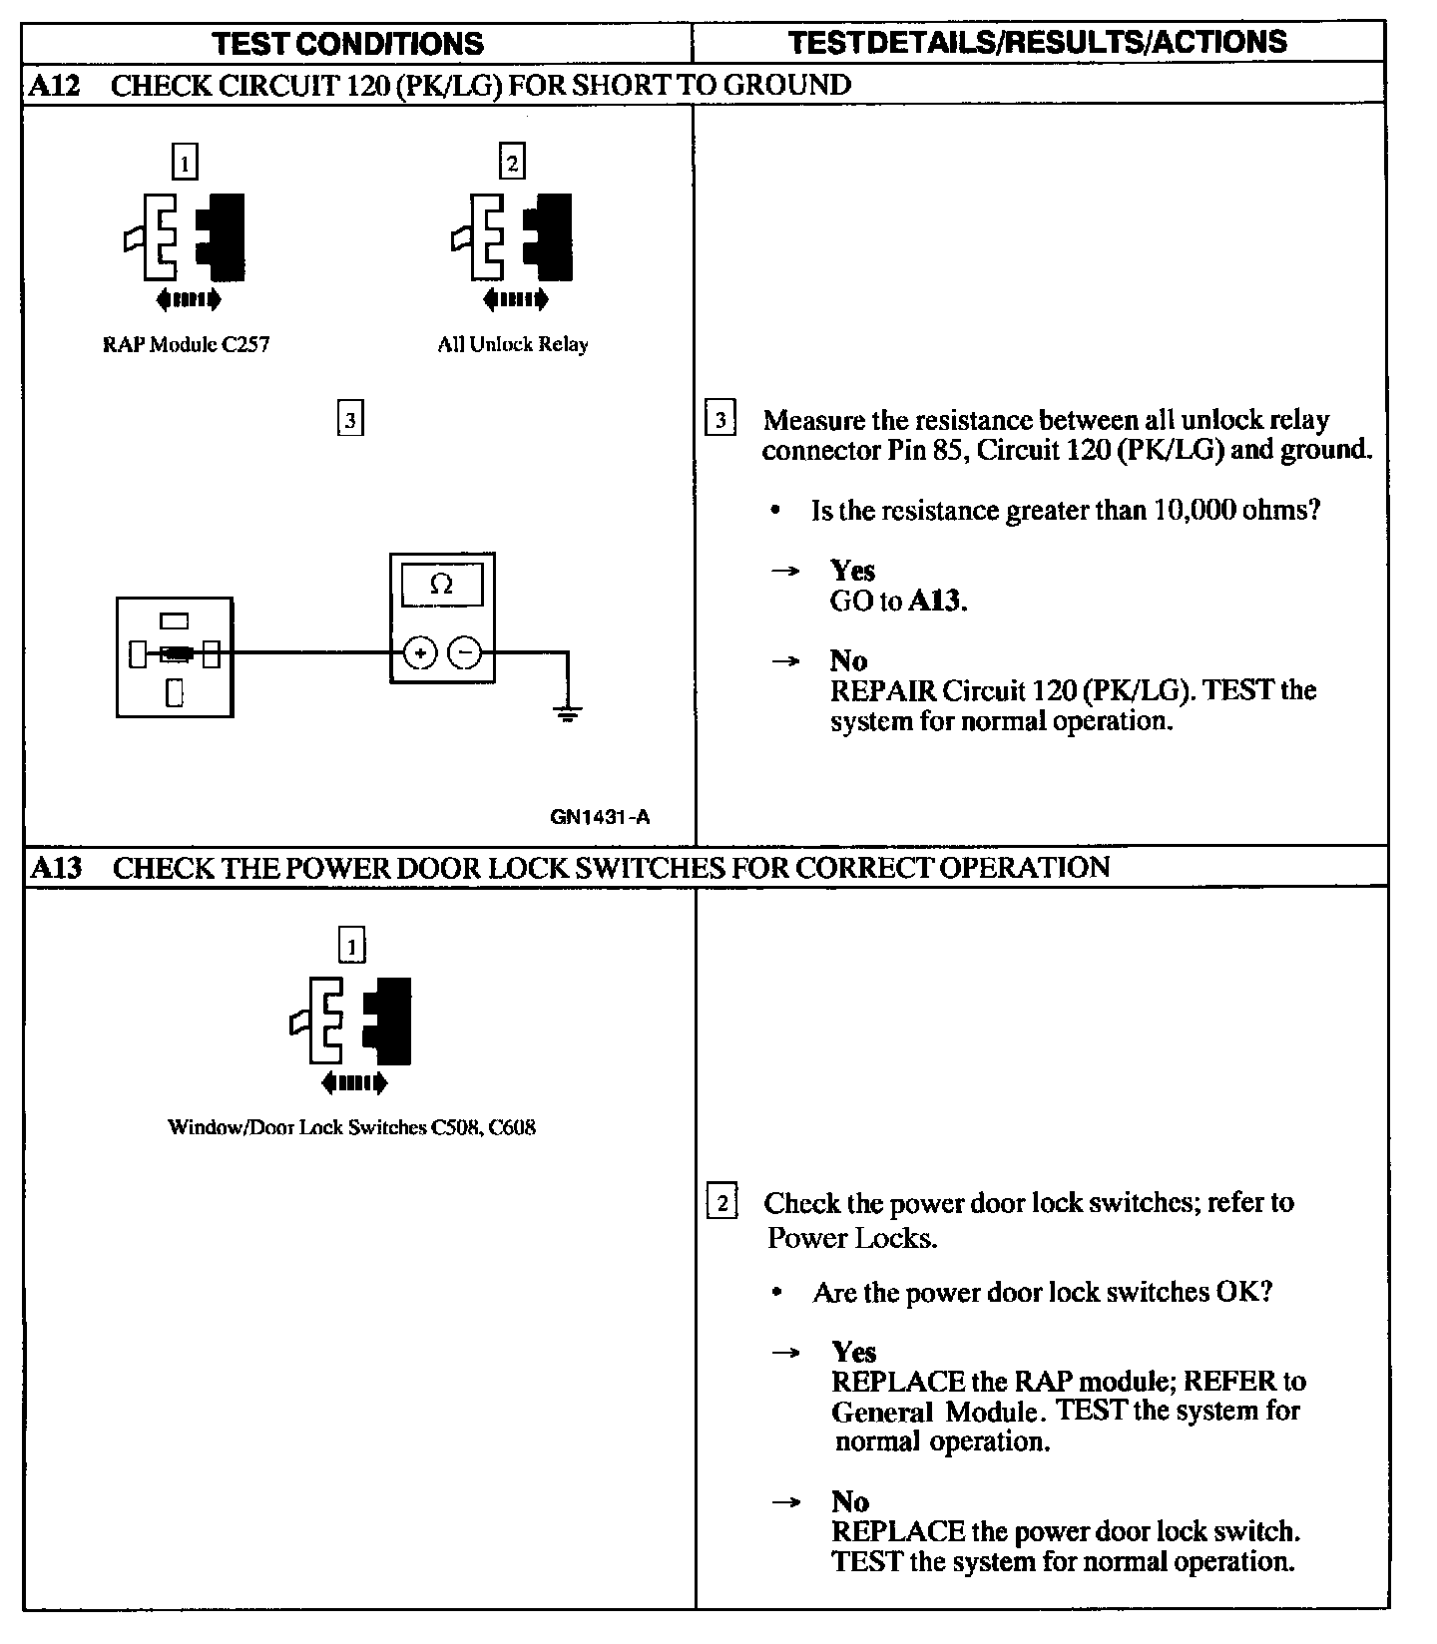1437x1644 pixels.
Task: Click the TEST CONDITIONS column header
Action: click(x=348, y=43)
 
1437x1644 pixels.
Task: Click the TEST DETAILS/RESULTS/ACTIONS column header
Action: click(x=1038, y=42)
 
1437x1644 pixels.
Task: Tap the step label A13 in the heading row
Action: click(x=55, y=867)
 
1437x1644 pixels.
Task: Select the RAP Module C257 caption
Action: click(x=187, y=345)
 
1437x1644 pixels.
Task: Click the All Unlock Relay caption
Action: click(x=513, y=344)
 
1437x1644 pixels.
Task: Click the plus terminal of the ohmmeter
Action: click(x=420, y=653)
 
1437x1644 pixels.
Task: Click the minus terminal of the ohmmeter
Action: click(x=465, y=653)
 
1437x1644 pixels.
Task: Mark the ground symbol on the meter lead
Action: click(x=567, y=713)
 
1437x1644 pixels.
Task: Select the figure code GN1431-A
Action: click(x=600, y=817)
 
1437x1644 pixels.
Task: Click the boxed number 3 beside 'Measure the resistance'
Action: click(x=720, y=419)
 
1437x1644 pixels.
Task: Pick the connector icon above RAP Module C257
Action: click(x=186, y=236)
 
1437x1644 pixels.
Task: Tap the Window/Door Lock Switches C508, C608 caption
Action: click(x=351, y=1128)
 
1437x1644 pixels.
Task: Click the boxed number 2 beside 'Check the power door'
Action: click(x=721, y=1202)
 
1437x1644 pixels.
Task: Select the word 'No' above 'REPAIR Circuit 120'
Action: click(x=848, y=660)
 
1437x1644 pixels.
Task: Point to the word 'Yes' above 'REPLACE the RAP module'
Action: click(x=854, y=1352)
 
